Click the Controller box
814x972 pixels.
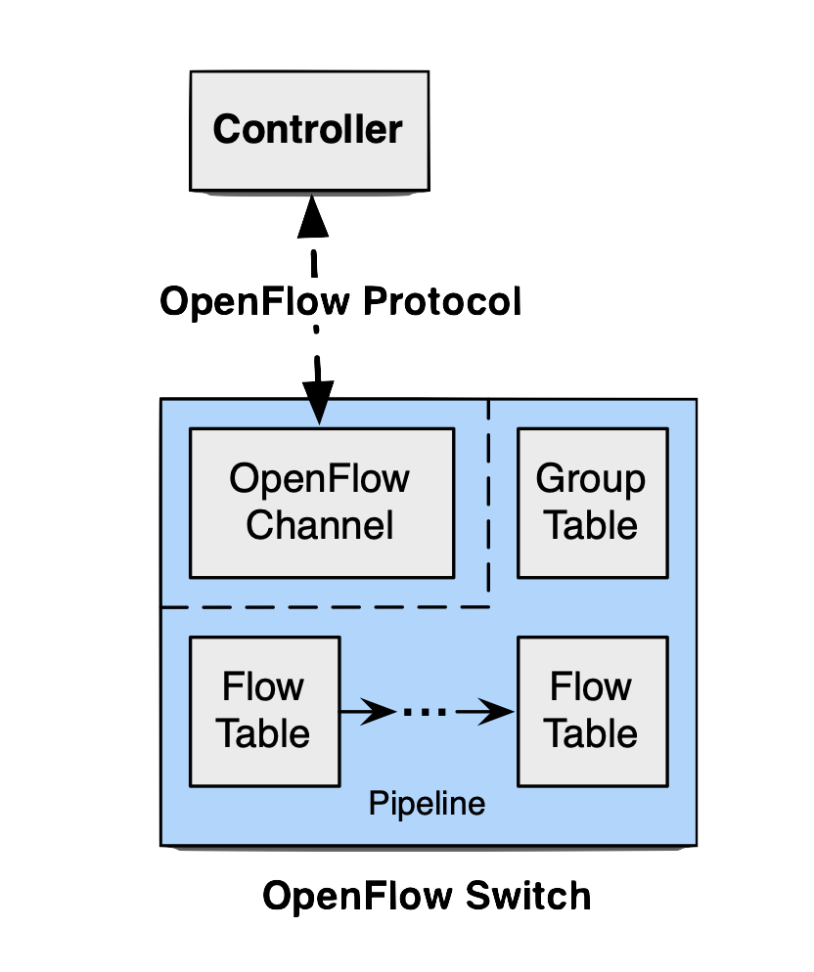(309, 129)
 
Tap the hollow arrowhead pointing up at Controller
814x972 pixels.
(312, 217)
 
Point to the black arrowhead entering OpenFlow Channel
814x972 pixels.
(318, 405)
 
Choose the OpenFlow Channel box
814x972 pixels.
(321, 503)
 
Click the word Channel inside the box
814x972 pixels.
(320, 525)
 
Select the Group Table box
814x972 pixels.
(592, 503)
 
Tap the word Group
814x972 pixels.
(591, 479)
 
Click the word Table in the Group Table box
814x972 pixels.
(591, 525)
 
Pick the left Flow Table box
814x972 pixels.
(264, 711)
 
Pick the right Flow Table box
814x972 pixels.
(592, 711)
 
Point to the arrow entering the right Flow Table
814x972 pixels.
(489, 712)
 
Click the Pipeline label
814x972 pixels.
(427, 804)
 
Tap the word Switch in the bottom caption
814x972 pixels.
(526, 896)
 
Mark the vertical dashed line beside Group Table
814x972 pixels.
(489, 499)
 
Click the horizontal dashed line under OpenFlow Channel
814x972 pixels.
(323, 606)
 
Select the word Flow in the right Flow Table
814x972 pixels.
(591, 687)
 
